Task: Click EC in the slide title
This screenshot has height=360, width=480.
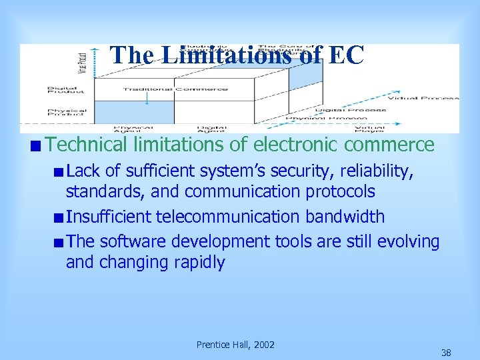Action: [x=345, y=55]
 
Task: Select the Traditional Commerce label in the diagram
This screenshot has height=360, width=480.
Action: [x=175, y=89]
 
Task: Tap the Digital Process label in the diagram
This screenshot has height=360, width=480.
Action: [x=351, y=109]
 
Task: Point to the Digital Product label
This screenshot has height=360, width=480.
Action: [x=67, y=89]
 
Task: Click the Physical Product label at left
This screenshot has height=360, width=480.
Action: [x=67, y=111]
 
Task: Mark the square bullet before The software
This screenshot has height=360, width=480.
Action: [x=60, y=242]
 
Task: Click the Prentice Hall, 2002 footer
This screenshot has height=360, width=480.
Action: [x=235, y=344]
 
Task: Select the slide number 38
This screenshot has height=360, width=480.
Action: [x=446, y=352]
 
